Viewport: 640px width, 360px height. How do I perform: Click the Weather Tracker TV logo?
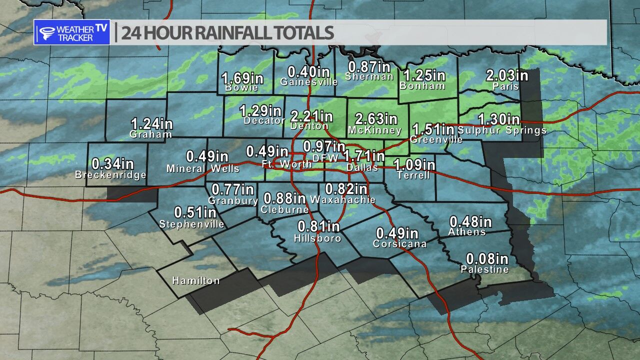coord(72,32)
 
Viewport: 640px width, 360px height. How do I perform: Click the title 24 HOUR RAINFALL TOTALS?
coord(227,33)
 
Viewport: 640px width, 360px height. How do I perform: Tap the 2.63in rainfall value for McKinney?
coord(376,119)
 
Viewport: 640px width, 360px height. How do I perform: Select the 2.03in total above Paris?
coord(507,76)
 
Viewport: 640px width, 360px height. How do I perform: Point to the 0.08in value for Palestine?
coord(487,259)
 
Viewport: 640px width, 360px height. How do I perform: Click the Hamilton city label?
coord(196,280)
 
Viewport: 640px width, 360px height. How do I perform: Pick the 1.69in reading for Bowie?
coord(242,78)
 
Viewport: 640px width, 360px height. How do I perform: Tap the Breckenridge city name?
coord(110,175)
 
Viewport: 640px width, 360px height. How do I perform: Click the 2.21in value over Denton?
coord(311,116)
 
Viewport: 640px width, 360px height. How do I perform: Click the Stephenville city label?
coord(192,224)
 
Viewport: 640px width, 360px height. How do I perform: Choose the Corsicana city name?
coord(399,244)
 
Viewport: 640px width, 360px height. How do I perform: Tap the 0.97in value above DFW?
coord(324,147)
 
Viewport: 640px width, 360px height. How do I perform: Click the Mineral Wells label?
coord(203,168)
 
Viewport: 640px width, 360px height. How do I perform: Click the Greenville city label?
coord(436,140)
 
